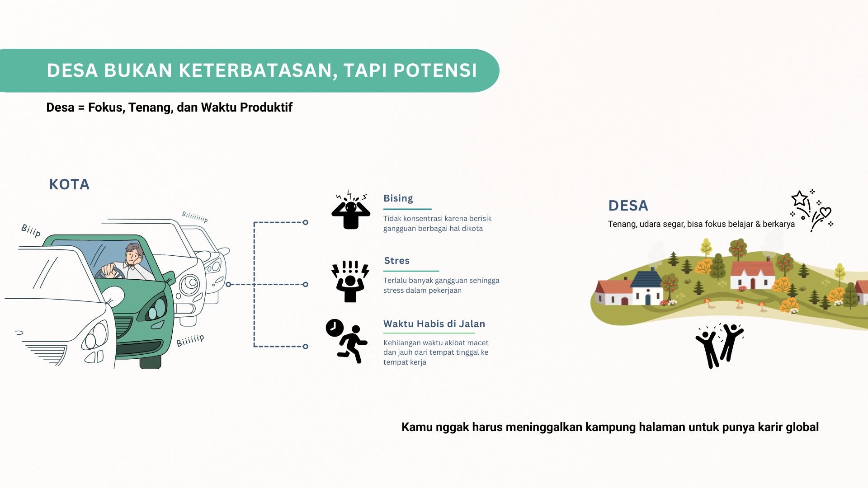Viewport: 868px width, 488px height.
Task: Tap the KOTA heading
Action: pyautogui.click(x=70, y=184)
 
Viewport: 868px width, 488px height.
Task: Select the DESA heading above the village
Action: pyautogui.click(x=628, y=206)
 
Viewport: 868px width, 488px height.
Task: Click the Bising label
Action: pyautogui.click(x=398, y=198)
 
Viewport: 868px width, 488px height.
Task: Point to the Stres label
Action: pyautogui.click(x=397, y=261)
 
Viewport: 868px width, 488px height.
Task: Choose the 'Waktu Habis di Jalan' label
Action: pyautogui.click(x=434, y=324)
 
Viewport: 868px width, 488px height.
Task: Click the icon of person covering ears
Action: pyautogui.click(x=351, y=210)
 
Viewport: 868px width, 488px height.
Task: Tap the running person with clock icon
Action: pyautogui.click(x=346, y=341)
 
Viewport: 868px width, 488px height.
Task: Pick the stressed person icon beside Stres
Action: pyautogui.click(x=350, y=281)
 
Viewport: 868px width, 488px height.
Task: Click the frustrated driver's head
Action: pyautogui.click(x=134, y=255)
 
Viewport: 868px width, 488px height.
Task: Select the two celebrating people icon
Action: pyautogui.click(x=719, y=345)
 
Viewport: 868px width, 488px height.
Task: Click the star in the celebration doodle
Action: pyautogui.click(x=800, y=199)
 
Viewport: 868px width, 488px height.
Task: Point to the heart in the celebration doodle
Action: pyautogui.click(x=826, y=212)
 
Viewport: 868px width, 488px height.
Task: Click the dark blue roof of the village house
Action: pyautogui.click(x=647, y=278)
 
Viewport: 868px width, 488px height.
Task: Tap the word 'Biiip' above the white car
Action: pyautogui.click(x=31, y=230)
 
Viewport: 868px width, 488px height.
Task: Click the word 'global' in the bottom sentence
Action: pyautogui.click(x=802, y=427)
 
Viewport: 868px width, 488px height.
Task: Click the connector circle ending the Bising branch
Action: pyautogui.click(x=306, y=222)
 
